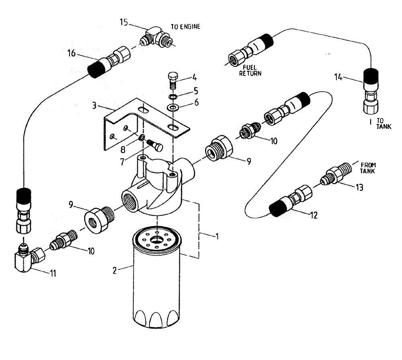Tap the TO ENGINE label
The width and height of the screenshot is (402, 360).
point(185,27)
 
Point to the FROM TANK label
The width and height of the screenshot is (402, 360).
point(368,167)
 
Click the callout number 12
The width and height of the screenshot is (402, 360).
point(314,215)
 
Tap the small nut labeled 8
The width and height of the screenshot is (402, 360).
point(142,139)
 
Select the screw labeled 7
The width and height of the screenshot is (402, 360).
point(154,145)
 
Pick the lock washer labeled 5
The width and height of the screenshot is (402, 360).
point(172,97)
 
